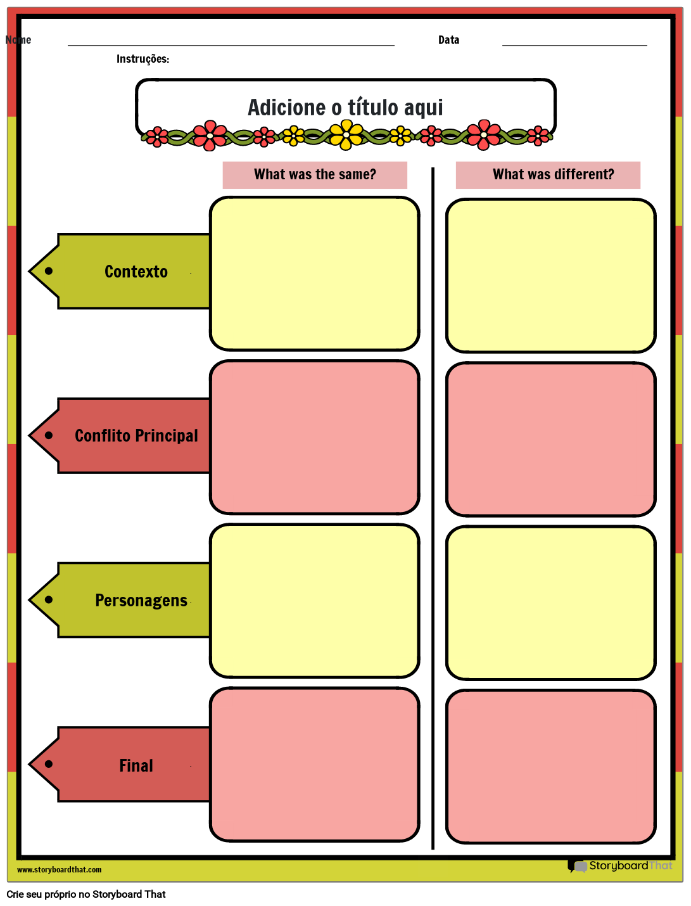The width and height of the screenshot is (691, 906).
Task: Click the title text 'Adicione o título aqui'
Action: tap(345, 108)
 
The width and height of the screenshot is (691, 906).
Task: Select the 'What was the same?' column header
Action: tap(315, 175)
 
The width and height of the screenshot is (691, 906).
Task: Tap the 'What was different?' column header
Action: tap(553, 175)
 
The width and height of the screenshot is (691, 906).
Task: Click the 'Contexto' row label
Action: tap(136, 272)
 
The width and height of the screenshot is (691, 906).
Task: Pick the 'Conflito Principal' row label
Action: tap(136, 436)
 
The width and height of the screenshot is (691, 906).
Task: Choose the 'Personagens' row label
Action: tap(141, 601)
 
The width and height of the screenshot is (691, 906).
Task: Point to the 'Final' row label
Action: tap(136, 765)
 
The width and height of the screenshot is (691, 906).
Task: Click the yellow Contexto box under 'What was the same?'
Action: tap(315, 274)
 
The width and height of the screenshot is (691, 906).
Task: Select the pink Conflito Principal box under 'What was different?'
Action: tap(551, 440)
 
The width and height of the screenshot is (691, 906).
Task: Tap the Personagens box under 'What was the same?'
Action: tap(315, 601)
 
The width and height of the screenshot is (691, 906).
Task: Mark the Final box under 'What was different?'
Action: tap(551, 767)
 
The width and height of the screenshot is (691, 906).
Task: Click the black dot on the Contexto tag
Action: tap(49, 271)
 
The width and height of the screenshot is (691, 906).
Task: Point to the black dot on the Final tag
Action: tap(49, 764)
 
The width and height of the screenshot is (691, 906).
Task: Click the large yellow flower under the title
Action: tap(346, 134)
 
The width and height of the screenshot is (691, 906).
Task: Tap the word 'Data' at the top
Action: tap(448, 40)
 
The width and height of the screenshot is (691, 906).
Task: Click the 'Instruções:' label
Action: tap(143, 59)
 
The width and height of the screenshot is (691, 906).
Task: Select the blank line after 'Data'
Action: tap(574, 44)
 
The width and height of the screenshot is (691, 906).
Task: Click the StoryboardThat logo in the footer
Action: tap(620, 866)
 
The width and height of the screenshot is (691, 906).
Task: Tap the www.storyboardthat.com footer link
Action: tap(59, 870)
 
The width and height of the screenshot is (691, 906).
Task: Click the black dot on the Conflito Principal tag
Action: tap(49, 435)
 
